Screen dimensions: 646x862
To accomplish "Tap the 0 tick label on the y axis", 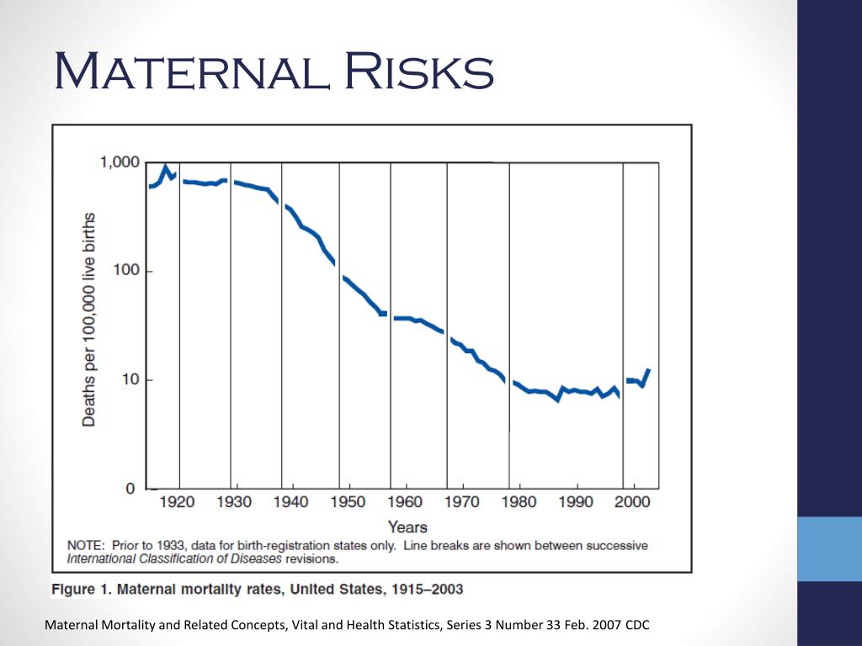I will (x=130, y=489).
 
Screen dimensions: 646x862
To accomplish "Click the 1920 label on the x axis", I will (x=178, y=502).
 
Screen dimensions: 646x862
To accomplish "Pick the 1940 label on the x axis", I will (x=291, y=502).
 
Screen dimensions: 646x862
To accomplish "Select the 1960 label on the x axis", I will (x=406, y=502).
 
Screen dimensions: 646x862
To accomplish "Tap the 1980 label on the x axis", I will (x=519, y=502).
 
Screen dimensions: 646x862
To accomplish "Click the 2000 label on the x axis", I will (x=633, y=502).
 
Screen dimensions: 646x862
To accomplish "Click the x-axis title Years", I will (x=407, y=527).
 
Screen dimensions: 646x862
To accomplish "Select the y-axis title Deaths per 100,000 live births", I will (x=88, y=320).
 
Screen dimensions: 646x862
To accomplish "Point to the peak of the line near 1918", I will (x=166, y=167).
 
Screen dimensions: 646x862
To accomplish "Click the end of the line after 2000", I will (x=648, y=370).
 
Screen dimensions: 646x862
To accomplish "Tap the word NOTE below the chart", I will (x=87, y=545).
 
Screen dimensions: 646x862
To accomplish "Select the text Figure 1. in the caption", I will (x=81, y=589).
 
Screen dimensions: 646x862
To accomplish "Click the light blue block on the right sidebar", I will (x=829, y=548).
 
